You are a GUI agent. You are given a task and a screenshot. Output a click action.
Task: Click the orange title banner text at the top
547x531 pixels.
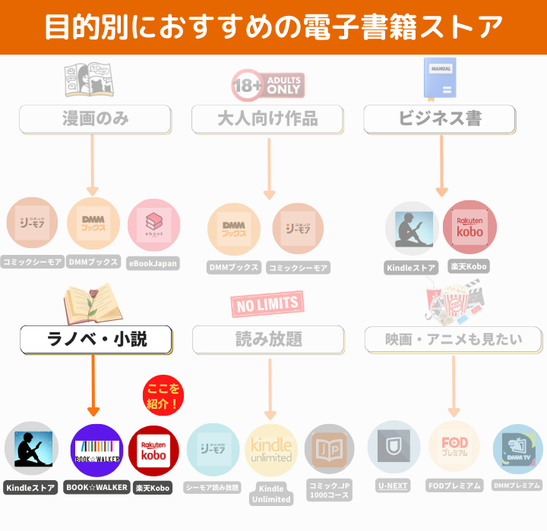[273, 27]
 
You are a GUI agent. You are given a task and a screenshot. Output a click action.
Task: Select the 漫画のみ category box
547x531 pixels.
[95, 119]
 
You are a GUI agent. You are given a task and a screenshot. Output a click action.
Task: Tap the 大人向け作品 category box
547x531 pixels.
[267, 119]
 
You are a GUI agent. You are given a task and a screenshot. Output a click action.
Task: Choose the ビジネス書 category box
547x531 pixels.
[440, 119]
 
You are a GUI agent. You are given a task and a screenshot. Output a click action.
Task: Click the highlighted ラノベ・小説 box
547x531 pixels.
[95, 340]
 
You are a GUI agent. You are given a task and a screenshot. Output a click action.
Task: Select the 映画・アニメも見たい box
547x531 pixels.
[453, 340]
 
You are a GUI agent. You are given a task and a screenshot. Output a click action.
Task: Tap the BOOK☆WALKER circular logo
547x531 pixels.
[96, 450]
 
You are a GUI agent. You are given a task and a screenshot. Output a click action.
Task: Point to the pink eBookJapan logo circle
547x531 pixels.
[153, 225]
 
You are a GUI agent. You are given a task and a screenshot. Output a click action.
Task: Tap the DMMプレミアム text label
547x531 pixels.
[517, 485]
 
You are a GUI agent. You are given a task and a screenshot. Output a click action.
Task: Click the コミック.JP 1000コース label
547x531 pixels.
[329, 489]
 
